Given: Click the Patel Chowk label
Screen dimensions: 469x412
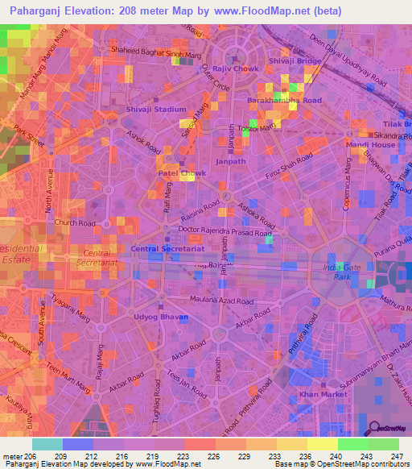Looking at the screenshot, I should coord(177,172).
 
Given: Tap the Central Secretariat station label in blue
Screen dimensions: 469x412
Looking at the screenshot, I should coord(168,250).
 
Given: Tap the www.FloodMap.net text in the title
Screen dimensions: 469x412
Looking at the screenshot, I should coord(274,11).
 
